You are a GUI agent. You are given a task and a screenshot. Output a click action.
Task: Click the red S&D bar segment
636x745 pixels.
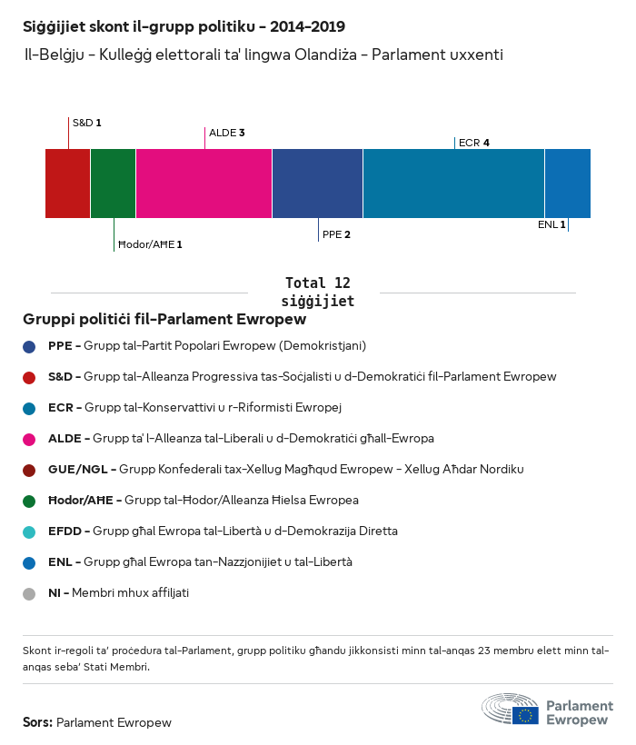(68, 184)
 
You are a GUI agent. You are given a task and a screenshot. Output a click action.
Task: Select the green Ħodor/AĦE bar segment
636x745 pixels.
(114, 184)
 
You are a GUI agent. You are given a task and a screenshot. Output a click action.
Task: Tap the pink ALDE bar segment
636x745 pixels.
(204, 184)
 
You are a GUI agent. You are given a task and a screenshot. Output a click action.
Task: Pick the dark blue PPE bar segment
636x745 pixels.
(317, 184)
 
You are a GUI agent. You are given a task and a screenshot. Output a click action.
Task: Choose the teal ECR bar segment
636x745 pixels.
(453, 184)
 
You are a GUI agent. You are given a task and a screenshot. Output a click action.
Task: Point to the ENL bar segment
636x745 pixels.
(567, 184)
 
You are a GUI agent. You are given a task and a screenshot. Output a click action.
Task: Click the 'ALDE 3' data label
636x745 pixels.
(227, 133)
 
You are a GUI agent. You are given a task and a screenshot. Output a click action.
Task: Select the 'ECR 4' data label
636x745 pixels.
(474, 143)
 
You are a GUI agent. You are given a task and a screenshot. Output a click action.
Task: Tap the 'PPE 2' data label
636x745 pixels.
(336, 234)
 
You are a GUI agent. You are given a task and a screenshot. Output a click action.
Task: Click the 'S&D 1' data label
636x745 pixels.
(86, 122)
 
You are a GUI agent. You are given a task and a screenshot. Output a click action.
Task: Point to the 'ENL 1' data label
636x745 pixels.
(552, 224)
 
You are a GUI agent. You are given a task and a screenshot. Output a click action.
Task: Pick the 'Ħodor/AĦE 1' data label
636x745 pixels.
(150, 244)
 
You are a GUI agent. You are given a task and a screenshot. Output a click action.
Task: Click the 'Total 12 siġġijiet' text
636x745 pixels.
(317, 292)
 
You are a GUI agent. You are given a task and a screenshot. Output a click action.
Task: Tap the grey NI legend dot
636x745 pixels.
(30, 593)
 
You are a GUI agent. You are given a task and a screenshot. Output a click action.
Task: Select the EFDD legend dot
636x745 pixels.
(30, 531)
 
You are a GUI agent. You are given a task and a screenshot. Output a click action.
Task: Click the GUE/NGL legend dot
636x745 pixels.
(30, 470)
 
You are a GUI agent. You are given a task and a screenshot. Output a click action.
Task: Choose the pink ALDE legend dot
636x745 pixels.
(30, 439)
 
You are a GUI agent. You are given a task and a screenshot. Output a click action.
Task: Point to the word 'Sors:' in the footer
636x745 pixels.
(37, 723)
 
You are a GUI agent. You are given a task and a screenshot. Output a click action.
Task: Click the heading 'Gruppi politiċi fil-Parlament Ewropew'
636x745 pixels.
(164, 320)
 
